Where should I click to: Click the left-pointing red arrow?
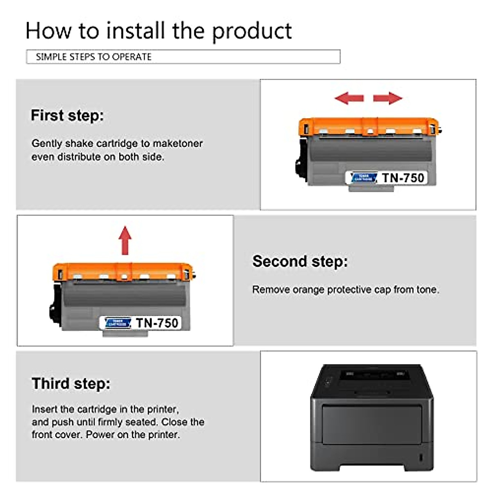(349, 98)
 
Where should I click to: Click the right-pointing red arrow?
(387, 98)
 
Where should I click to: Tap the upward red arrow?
(125, 240)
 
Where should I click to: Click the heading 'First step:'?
(67, 115)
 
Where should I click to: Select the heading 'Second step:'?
(300, 261)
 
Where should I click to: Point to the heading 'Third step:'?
(71, 383)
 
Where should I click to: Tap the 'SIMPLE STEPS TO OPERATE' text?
(93, 57)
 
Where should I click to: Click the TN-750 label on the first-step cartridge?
(403, 178)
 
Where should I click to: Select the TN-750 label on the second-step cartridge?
(157, 323)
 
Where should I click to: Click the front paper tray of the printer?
(372, 424)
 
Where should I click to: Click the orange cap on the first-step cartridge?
(369, 126)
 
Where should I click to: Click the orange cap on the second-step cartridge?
(123, 271)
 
